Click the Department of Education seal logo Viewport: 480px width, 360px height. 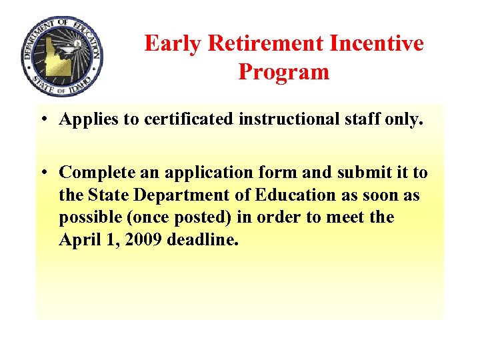coord(62,57)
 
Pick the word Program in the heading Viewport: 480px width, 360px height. coord(284,71)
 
